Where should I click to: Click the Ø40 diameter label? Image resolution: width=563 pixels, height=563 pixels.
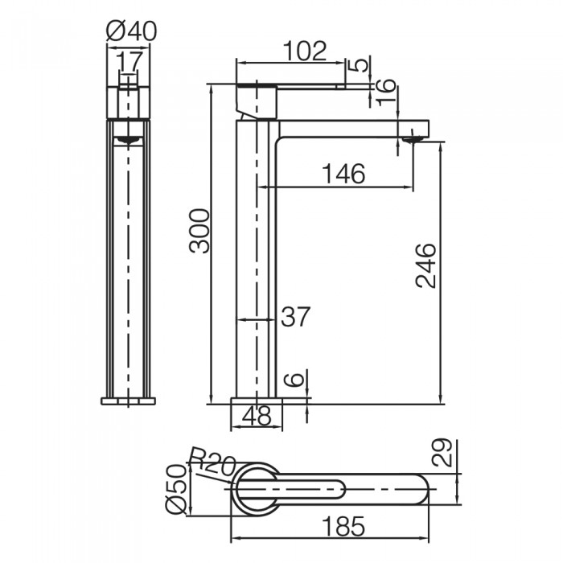pos(131,31)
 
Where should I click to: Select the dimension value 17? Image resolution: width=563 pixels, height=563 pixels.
pos(129,61)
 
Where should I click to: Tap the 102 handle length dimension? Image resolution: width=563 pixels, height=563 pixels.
pos(305,51)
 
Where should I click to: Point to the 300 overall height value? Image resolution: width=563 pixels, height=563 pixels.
pos(199,232)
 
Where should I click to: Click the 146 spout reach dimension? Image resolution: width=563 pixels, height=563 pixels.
pos(343,174)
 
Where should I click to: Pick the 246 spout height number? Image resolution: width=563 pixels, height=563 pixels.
pos(425,265)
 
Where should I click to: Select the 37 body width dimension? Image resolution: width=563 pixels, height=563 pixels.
pos(295,317)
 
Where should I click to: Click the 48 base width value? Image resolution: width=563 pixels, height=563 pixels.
pos(257,416)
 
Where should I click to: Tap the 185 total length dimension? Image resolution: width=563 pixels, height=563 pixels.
pos(343,526)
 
